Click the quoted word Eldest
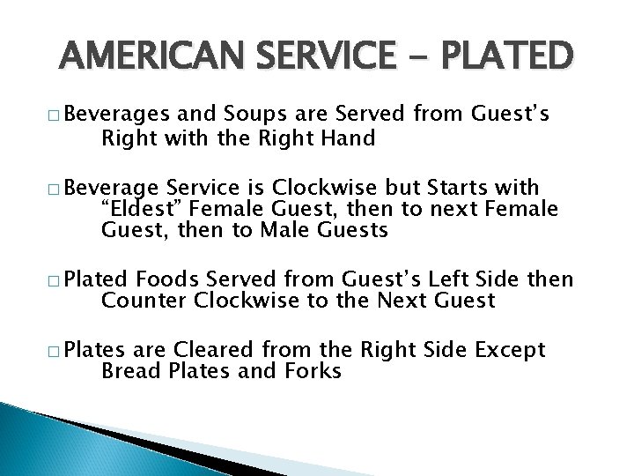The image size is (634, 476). pyautogui.click(x=140, y=210)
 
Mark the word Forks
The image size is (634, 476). pyautogui.click(x=311, y=371)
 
